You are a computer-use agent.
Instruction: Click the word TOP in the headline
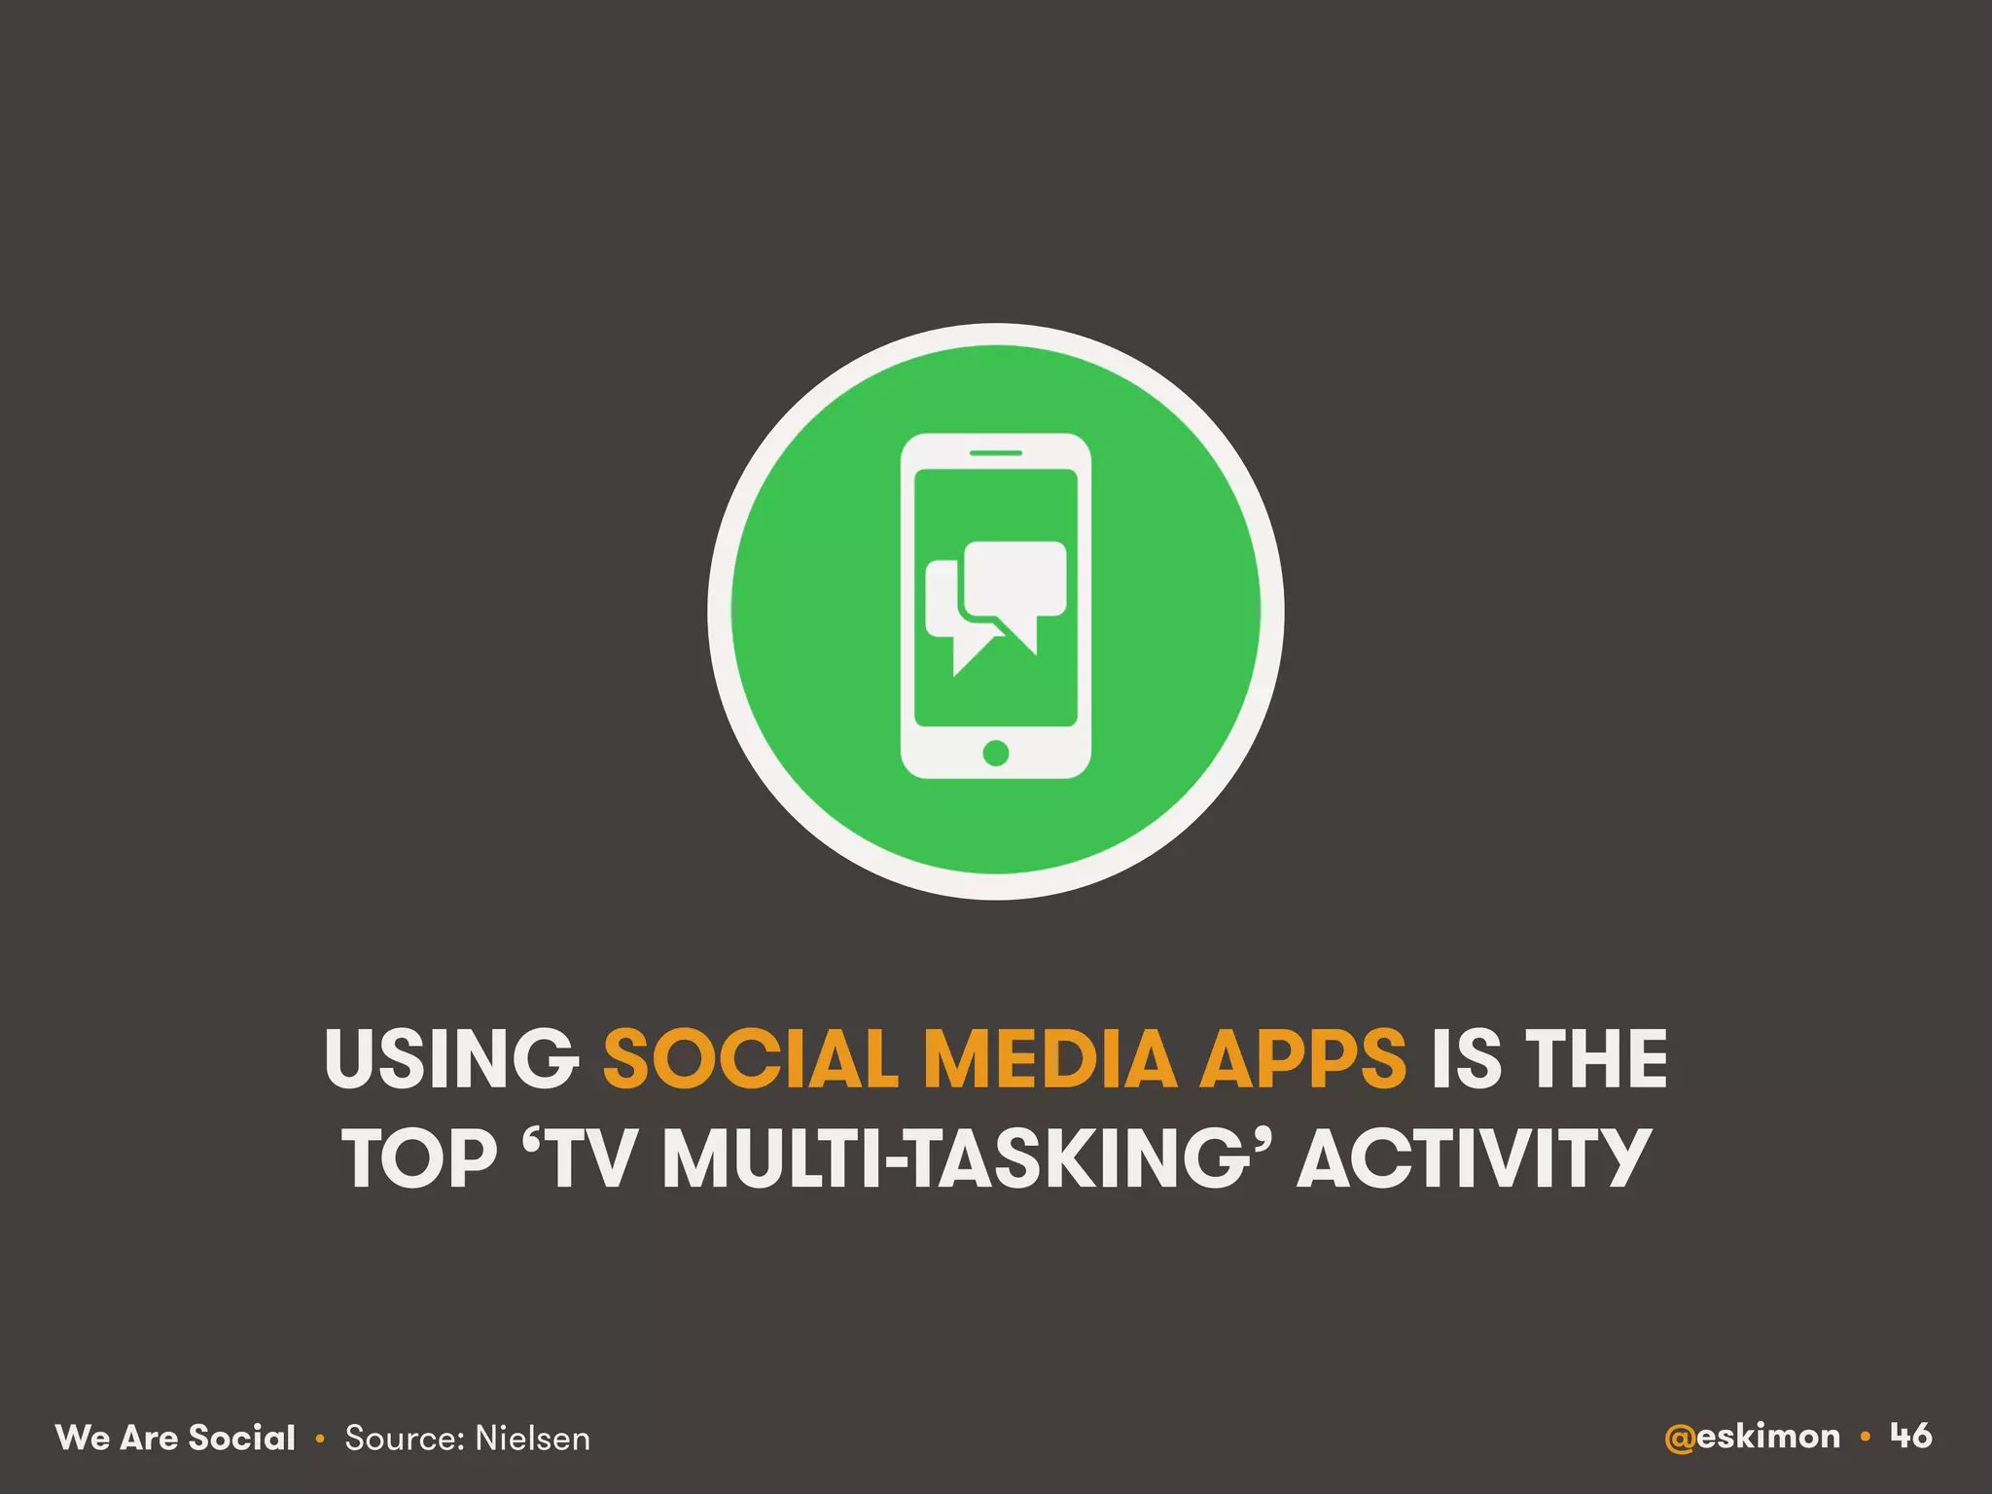click(419, 1158)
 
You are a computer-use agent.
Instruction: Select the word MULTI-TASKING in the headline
click(954, 1158)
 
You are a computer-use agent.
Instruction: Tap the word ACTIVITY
click(1475, 1158)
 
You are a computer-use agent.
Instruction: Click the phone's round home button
click(995, 752)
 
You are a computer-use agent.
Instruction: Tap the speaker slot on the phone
click(995, 452)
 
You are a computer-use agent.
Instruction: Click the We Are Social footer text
click(175, 1438)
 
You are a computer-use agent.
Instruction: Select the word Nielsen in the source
click(533, 1438)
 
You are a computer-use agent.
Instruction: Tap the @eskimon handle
click(1752, 1437)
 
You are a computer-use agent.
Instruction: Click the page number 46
click(1911, 1436)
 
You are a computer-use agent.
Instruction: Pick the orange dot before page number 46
click(1865, 1437)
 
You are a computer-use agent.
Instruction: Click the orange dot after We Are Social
click(320, 1439)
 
